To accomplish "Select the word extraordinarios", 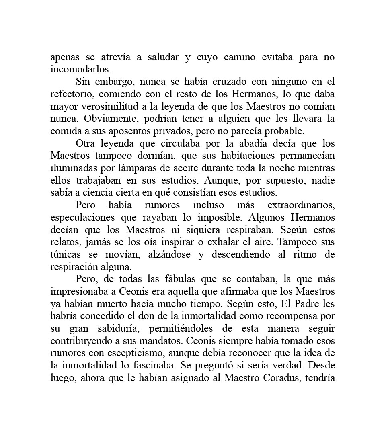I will coord(301,205).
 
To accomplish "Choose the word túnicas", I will coord(66,255).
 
